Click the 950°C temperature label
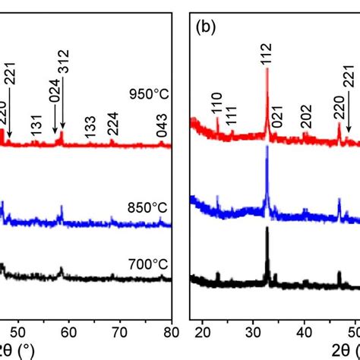tap(148, 96)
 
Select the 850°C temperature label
tap(148, 207)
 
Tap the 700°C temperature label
tap(148, 264)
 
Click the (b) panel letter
tap(206, 27)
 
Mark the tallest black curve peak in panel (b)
tap(267, 229)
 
